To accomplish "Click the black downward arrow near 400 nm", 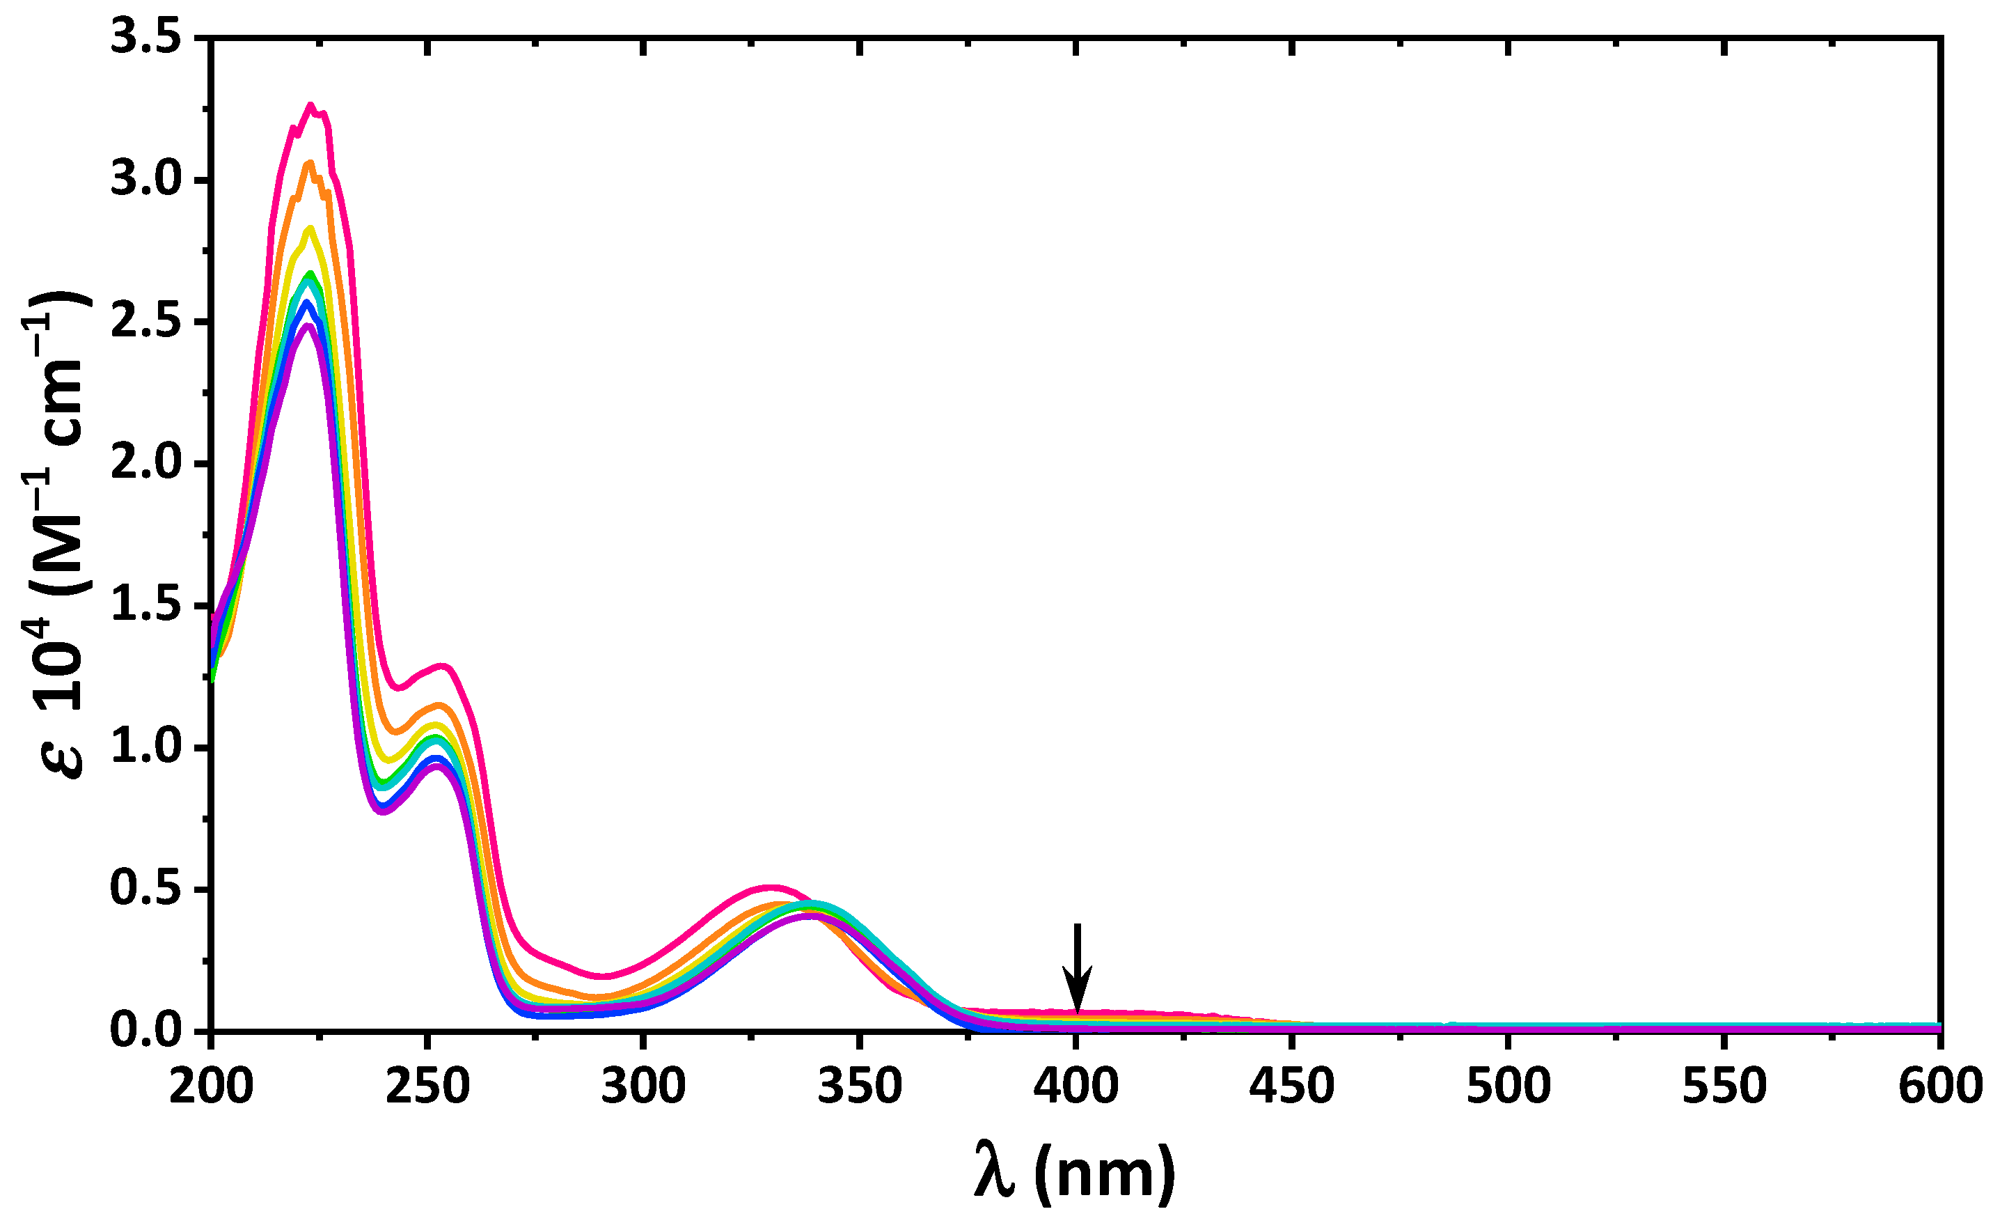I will pyautogui.click(x=1077, y=967).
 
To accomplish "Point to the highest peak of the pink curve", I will pyautogui.click(x=310, y=105).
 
